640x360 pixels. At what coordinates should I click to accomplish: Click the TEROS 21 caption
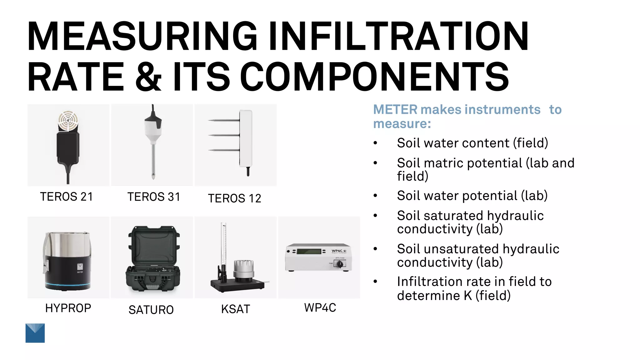(66, 197)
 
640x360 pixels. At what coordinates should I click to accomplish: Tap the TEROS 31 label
(153, 197)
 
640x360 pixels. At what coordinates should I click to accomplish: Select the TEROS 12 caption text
(234, 198)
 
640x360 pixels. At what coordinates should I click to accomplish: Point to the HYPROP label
(68, 308)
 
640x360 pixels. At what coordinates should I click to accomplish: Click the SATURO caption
(151, 310)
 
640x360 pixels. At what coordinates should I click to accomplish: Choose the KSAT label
(236, 309)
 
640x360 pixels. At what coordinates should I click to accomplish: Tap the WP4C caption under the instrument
(320, 308)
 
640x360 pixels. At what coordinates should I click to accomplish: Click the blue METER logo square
(35, 333)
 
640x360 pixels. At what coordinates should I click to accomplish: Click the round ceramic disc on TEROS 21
(68, 120)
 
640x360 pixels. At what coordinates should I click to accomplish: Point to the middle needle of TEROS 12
(224, 135)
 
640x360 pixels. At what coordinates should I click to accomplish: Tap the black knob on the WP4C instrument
(340, 264)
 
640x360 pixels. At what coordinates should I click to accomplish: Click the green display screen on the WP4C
(309, 252)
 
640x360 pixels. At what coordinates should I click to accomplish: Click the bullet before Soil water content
(375, 143)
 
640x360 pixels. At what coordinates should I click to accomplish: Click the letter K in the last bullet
(467, 296)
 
